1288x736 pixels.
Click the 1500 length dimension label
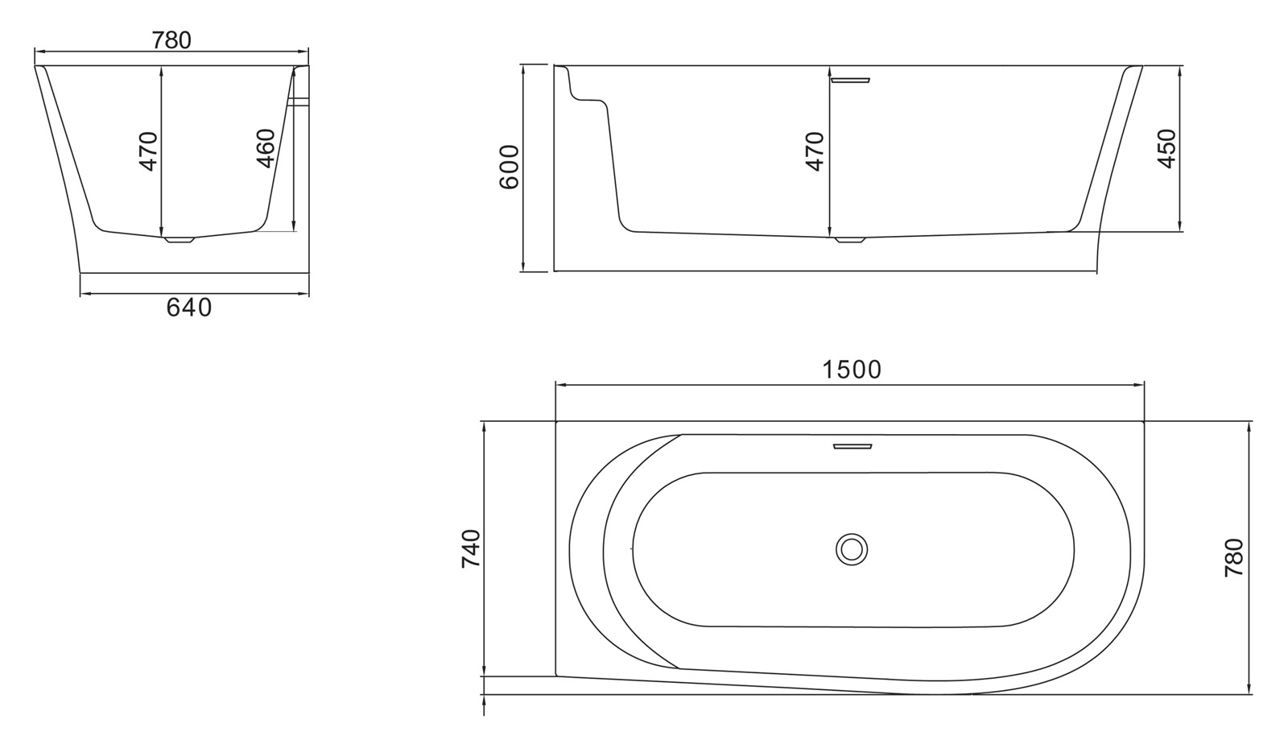coord(852,370)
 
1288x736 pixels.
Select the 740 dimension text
coord(471,548)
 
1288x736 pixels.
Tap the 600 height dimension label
coord(509,167)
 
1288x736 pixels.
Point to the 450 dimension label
coord(1166,148)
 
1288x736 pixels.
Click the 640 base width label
coord(189,308)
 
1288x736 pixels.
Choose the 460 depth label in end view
coord(266,148)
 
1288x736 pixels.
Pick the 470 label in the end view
coord(148,151)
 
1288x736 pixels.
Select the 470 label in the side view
coord(815,151)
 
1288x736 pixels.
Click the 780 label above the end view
coord(171,39)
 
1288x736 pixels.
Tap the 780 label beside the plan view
coord(1233,557)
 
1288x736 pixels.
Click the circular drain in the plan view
coord(851,549)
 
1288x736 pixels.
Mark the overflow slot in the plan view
coord(852,445)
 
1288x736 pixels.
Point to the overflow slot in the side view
coord(850,79)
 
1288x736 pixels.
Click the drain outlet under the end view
coord(180,239)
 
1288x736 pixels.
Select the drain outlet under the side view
coord(849,239)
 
